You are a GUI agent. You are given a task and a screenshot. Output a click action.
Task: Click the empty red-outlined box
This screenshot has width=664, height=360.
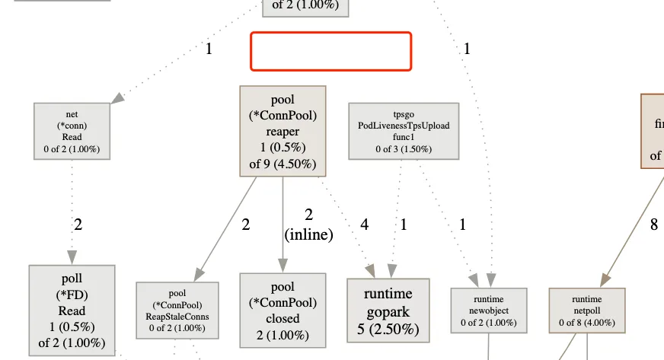click(x=331, y=51)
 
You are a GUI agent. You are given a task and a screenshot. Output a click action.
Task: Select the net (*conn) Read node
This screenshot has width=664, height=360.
click(x=72, y=131)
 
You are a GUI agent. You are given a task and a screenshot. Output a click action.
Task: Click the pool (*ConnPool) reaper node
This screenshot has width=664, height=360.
click(x=283, y=131)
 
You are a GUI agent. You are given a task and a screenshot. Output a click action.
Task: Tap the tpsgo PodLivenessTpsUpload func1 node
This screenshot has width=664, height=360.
click(x=404, y=131)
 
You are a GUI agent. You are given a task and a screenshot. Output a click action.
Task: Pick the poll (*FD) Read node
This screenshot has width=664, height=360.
click(x=72, y=311)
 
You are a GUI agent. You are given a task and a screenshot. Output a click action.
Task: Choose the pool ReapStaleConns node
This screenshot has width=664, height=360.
click(x=177, y=310)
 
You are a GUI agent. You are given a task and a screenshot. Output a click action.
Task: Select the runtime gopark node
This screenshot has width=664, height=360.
click(x=388, y=311)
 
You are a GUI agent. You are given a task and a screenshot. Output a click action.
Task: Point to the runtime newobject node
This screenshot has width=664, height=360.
click(x=488, y=311)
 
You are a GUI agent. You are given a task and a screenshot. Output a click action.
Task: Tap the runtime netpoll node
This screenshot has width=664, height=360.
click(x=587, y=311)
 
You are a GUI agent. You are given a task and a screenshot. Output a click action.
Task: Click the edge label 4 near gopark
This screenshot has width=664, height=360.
click(x=364, y=225)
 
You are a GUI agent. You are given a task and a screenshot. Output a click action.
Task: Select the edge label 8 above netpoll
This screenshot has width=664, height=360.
click(x=653, y=225)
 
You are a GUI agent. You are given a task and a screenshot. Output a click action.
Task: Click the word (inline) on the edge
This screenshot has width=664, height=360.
click(x=308, y=235)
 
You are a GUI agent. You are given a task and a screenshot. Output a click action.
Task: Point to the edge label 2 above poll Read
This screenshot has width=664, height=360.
click(x=78, y=225)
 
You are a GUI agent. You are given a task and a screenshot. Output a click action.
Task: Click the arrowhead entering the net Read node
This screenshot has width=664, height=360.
click(x=117, y=98)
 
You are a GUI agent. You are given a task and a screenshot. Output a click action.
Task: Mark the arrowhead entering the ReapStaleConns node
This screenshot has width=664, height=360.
click(x=199, y=275)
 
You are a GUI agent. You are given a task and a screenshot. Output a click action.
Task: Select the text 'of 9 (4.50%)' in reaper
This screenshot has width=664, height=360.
click(x=283, y=163)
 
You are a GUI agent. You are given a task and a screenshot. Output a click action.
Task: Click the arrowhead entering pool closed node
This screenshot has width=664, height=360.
click(x=283, y=266)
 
